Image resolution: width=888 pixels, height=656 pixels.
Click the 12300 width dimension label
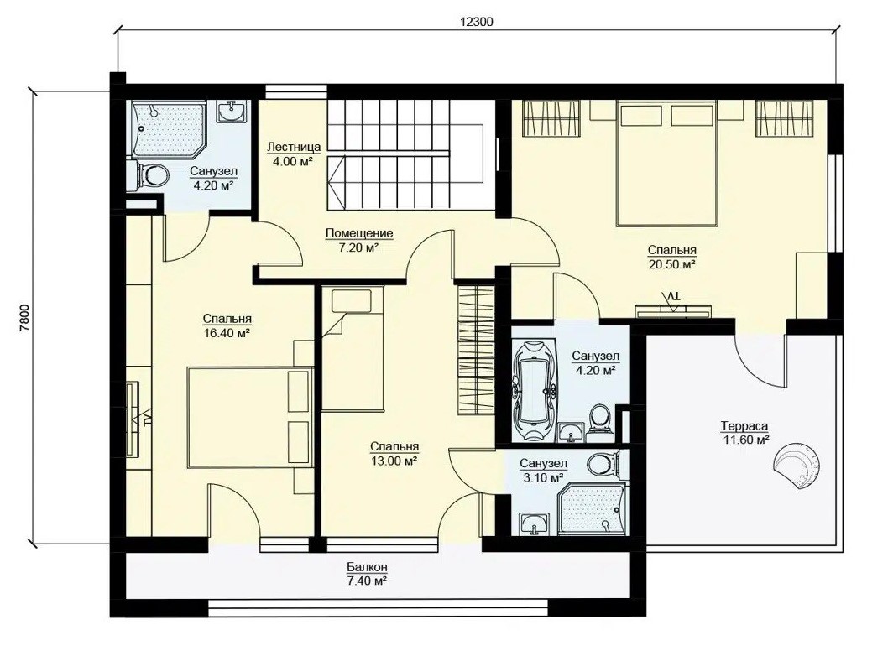click(x=476, y=22)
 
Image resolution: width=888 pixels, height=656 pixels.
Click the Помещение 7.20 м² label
click(x=359, y=240)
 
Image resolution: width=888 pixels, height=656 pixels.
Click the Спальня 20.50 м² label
click(x=672, y=257)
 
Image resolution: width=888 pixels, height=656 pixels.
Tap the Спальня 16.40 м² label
click(x=227, y=326)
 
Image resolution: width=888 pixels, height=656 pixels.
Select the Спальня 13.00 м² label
click(x=394, y=454)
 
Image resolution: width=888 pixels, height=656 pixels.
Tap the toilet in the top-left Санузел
click(x=149, y=174)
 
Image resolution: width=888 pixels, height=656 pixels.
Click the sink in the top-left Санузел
click(x=232, y=111)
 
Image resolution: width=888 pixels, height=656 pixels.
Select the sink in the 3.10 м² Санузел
click(x=534, y=524)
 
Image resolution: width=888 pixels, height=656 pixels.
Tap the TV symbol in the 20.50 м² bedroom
click(x=673, y=302)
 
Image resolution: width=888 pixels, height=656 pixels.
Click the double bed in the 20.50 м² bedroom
click(x=666, y=163)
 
